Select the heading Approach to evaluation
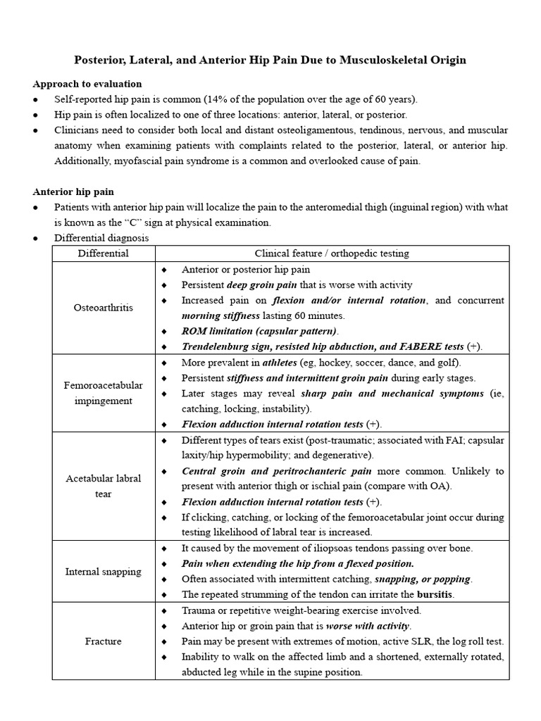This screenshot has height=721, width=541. click(87, 84)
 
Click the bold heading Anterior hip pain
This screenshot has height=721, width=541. click(73, 192)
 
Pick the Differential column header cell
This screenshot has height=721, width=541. click(103, 253)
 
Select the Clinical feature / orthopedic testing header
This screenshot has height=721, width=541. click(332, 253)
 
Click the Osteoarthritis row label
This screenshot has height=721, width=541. click(103, 308)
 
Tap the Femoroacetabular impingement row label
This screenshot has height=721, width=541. click(103, 393)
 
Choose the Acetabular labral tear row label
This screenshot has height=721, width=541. click(103, 486)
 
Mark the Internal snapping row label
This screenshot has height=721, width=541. click(103, 571)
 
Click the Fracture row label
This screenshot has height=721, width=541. click(103, 641)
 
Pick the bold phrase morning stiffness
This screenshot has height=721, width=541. click(220, 315)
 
